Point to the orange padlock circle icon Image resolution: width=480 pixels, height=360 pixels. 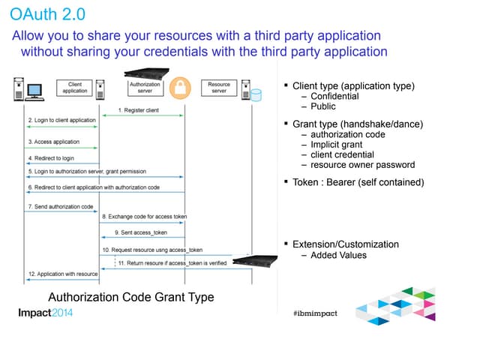pos(179,88)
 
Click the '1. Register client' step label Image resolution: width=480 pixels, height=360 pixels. pos(141,111)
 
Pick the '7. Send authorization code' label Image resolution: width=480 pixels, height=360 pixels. pos(61,205)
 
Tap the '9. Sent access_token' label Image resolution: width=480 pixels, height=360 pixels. pos(141,232)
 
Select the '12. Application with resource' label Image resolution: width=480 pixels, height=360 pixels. pos(63,274)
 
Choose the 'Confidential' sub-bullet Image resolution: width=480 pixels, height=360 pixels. pos(334,97)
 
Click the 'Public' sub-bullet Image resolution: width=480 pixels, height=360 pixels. pos(323,107)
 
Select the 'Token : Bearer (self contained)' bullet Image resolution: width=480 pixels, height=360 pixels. pos(358,182)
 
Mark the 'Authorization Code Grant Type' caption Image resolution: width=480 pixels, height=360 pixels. pos(131,297)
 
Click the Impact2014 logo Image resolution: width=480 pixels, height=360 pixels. pos(46,313)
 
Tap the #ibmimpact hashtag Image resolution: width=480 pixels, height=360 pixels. pos(315,313)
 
